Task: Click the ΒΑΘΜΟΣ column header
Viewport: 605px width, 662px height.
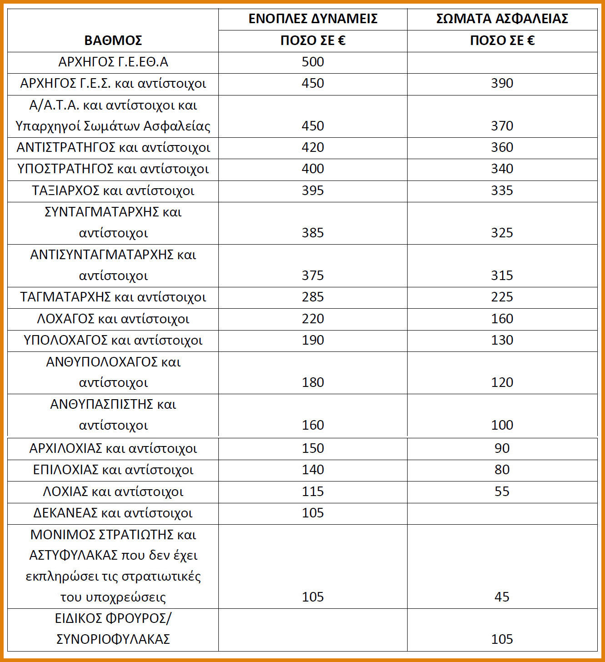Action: (113, 40)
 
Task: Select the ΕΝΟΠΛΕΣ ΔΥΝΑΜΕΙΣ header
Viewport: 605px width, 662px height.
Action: (313, 19)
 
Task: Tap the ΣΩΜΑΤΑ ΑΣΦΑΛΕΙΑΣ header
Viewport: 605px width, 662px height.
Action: (502, 19)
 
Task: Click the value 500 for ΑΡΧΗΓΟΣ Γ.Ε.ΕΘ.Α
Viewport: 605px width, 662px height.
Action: (313, 62)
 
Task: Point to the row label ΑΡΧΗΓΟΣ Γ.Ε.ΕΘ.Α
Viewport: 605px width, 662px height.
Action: (113, 62)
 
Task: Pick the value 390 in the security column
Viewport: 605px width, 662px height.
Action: (502, 83)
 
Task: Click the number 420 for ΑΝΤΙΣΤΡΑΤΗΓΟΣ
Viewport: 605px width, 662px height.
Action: (313, 147)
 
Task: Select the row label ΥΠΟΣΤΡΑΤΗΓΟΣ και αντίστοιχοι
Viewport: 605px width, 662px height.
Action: (113, 169)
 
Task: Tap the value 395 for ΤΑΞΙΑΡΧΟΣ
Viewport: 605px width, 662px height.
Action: (313, 190)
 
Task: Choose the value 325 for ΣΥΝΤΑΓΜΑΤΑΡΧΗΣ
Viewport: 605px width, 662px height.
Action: (502, 233)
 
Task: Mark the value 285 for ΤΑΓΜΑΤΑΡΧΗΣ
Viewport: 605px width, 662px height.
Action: (313, 297)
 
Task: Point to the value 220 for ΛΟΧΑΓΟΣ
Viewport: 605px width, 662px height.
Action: (313, 319)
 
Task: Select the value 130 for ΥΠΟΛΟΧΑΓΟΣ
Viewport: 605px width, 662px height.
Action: (502, 340)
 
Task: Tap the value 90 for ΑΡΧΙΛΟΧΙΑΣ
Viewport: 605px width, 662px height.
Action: (502, 448)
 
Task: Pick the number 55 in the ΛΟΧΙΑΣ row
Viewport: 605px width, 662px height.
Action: (502, 491)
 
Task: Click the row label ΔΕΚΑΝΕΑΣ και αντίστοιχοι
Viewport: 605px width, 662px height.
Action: (113, 513)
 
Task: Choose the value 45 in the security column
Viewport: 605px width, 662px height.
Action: (502, 597)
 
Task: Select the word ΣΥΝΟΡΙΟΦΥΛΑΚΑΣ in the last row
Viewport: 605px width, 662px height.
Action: (113, 639)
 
